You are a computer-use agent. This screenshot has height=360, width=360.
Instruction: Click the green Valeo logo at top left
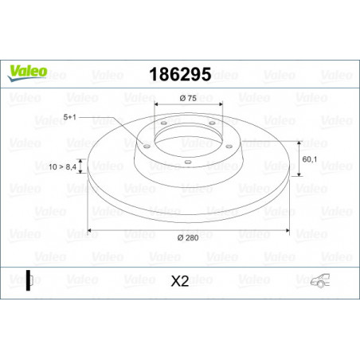pyautogui.click(x=27, y=72)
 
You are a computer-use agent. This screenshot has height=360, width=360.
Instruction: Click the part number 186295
pyautogui.click(x=180, y=74)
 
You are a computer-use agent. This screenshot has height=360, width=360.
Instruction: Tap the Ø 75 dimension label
pyautogui.click(x=188, y=98)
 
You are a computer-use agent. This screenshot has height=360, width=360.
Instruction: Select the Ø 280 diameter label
pyautogui.click(x=188, y=237)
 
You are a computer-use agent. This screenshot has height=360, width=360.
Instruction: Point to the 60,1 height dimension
pyautogui.click(x=310, y=159)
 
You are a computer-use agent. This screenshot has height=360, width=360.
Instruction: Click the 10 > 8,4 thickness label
pyautogui.click(x=62, y=166)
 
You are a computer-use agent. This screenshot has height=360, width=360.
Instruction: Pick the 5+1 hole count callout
pyautogui.click(x=70, y=117)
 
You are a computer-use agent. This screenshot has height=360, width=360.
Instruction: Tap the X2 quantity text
pyautogui.click(x=180, y=281)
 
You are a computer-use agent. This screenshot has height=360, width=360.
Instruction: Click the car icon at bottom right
pyautogui.click(x=320, y=280)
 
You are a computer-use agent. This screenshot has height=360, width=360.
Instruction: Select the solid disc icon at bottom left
pyautogui.click(x=29, y=280)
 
